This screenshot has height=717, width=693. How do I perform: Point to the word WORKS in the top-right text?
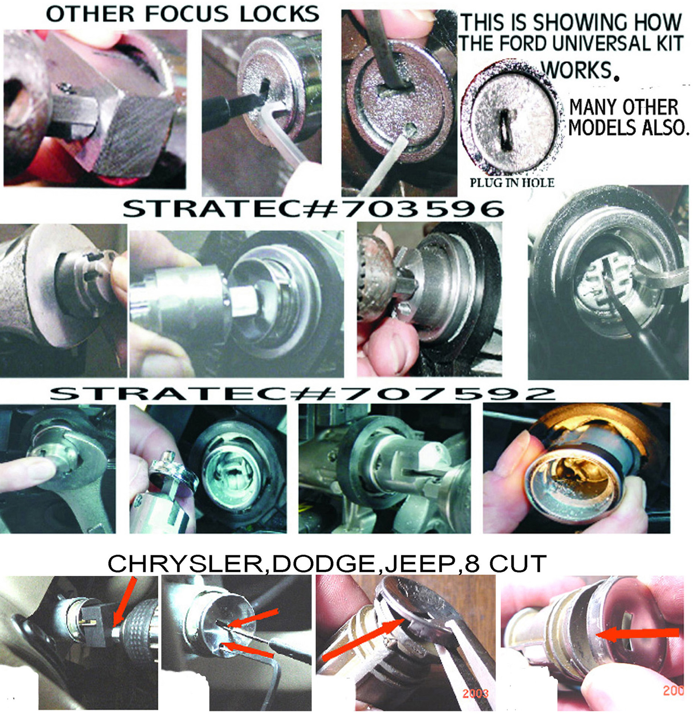pyautogui.click(x=575, y=69)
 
